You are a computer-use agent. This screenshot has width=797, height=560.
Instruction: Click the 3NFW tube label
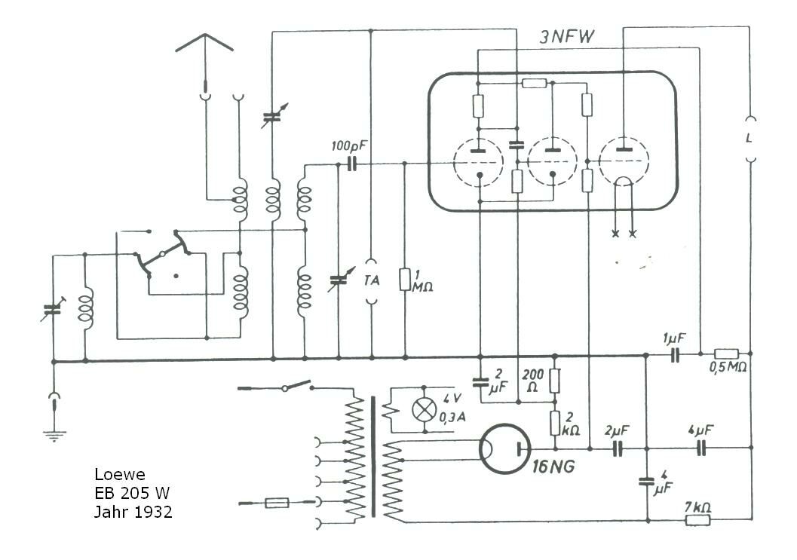click(x=566, y=37)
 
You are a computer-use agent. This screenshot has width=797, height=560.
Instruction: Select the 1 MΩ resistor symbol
click(x=405, y=280)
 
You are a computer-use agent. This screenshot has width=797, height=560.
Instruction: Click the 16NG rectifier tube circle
click(x=504, y=449)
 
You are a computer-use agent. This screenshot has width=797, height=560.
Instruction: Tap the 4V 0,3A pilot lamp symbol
click(x=425, y=409)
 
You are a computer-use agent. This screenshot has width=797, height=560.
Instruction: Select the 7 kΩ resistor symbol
click(x=698, y=519)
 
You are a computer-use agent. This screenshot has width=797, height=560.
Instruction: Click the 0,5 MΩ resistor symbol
click(x=727, y=353)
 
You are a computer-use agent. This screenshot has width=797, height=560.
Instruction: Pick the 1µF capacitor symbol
click(x=675, y=354)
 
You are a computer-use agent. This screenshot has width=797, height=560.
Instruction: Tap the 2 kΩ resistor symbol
click(x=555, y=424)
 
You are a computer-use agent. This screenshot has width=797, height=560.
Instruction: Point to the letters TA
click(x=372, y=280)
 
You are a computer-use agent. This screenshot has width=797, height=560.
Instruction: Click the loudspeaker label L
click(x=749, y=138)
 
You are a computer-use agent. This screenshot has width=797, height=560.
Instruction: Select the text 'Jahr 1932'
click(x=133, y=511)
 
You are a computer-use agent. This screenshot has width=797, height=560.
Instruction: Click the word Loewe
click(x=120, y=475)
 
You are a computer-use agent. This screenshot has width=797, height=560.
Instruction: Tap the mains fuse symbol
click(x=277, y=503)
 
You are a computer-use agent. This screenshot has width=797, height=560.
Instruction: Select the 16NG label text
click(x=553, y=466)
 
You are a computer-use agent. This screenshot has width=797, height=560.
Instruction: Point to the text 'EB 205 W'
click(x=132, y=493)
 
